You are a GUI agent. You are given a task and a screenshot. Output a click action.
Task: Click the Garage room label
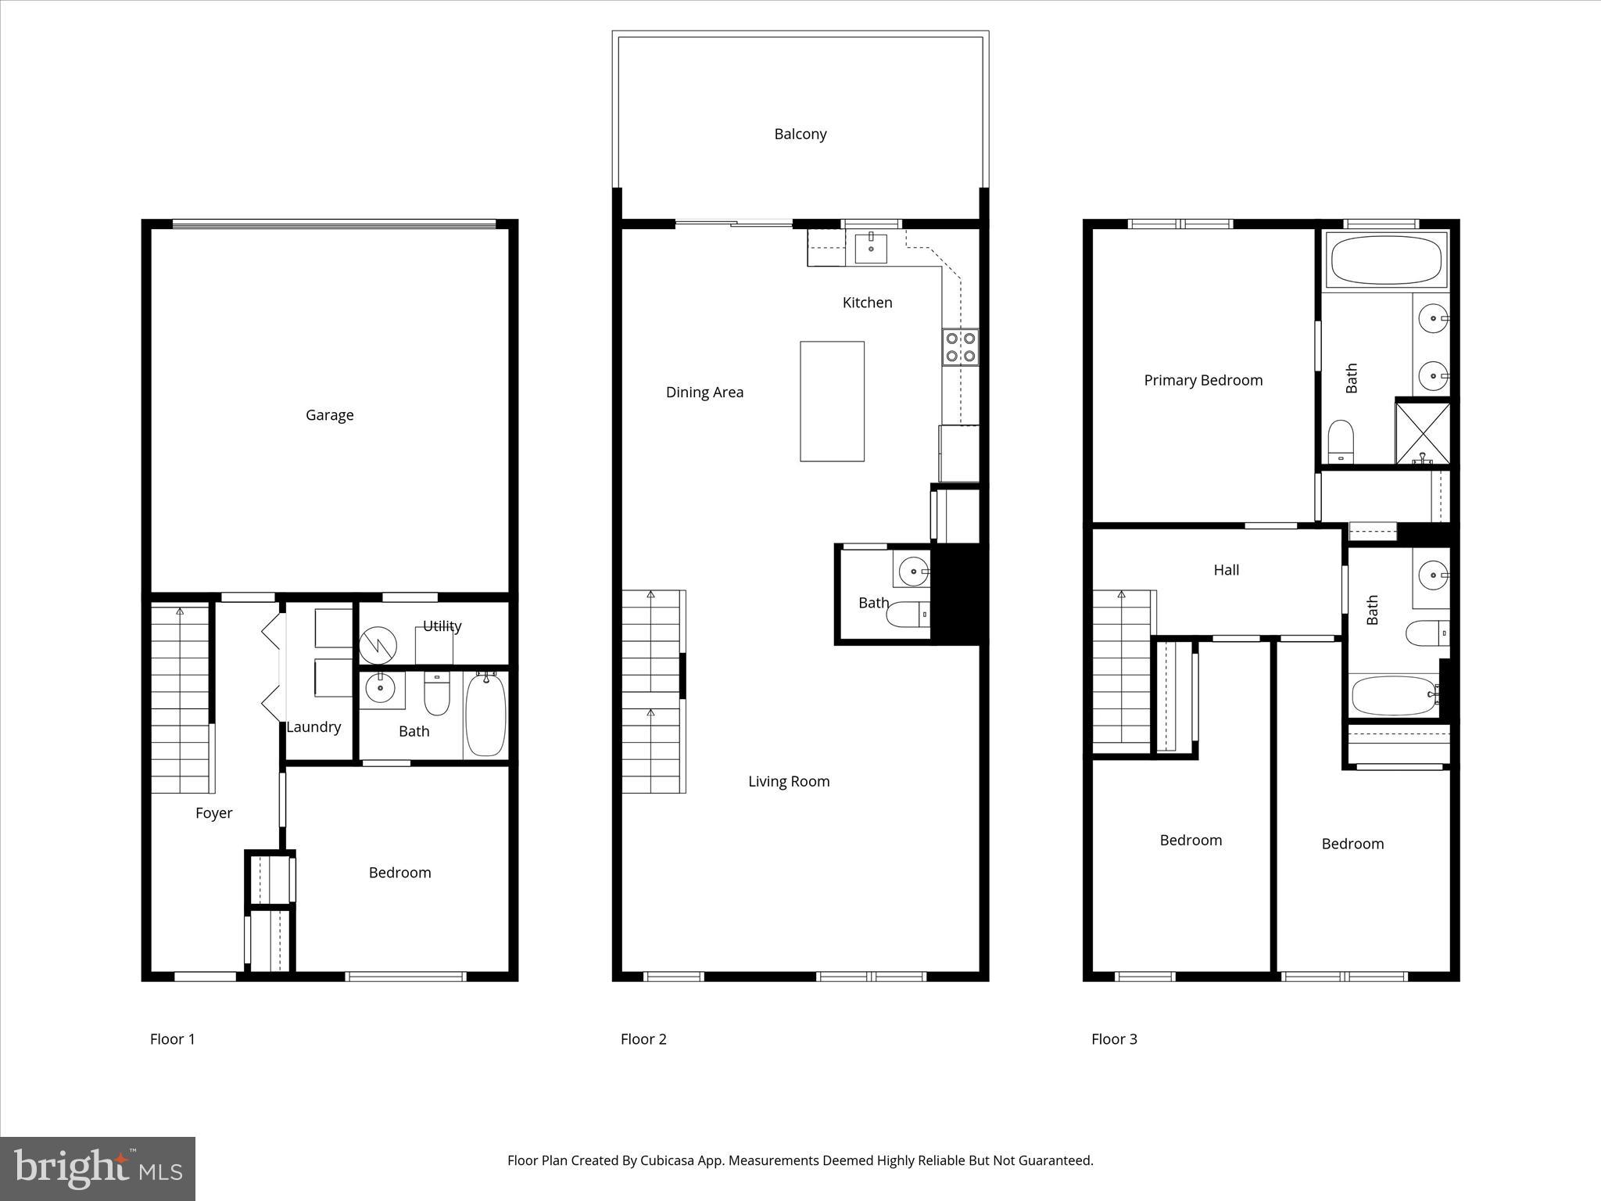[x=329, y=415]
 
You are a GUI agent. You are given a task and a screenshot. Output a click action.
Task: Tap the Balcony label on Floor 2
[x=800, y=134]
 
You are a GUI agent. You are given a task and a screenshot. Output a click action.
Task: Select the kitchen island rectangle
[x=832, y=401]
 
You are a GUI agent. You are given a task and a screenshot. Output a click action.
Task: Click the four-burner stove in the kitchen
[x=960, y=347]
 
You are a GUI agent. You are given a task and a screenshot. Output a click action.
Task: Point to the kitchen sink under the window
[x=870, y=248]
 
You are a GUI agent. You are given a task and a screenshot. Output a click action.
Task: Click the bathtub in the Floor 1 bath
[x=485, y=715]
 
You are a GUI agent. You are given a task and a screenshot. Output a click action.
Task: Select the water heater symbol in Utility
[x=378, y=646]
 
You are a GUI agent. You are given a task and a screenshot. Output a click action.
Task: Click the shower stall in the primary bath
[x=1423, y=432]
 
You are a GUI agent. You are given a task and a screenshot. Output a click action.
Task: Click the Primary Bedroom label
[x=1202, y=381]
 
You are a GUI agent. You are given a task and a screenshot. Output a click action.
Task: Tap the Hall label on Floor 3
[x=1226, y=570]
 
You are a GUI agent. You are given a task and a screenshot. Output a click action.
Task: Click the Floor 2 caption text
[x=643, y=1039]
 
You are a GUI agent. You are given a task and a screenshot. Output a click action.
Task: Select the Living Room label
[x=788, y=781]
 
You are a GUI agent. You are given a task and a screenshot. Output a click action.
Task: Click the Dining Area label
[x=704, y=393]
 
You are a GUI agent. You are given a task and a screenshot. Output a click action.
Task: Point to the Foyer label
[x=213, y=813]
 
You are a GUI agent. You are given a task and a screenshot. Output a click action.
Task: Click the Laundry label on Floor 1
[x=313, y=727]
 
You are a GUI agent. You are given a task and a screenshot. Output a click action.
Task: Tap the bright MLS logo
[x=98, y=1169]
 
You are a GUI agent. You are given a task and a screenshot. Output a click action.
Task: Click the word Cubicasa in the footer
[x=668, y=1160]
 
